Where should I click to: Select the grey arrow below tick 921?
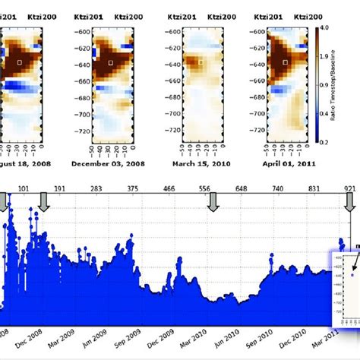[351, 202]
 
